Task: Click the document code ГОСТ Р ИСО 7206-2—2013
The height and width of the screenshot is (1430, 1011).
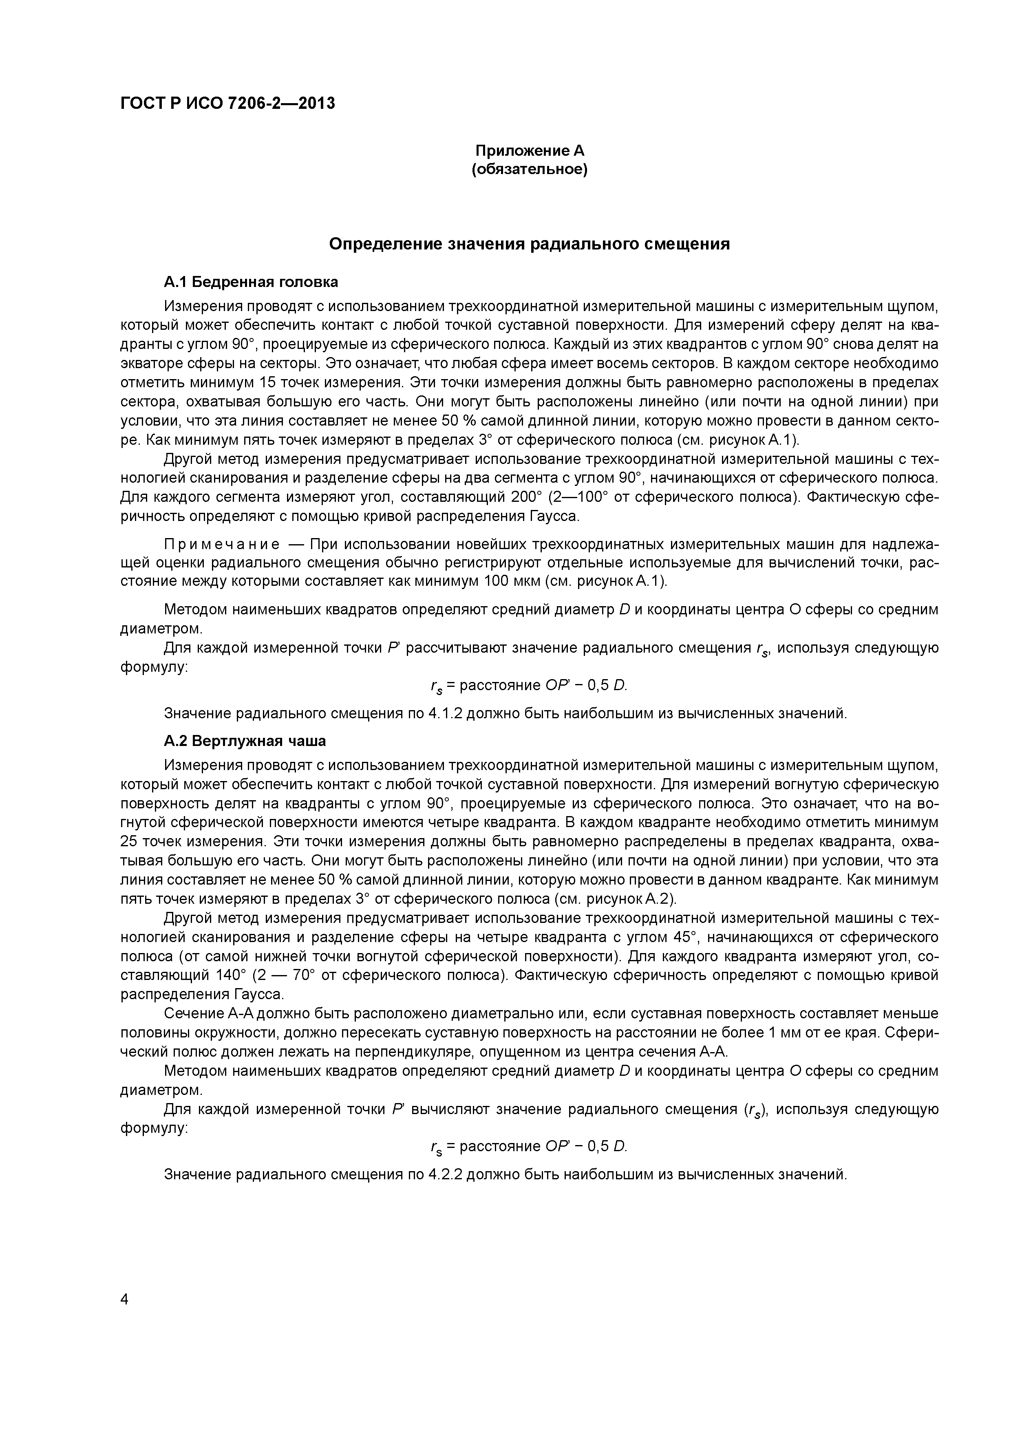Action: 227,103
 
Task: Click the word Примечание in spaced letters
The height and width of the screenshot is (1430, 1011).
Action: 221,544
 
